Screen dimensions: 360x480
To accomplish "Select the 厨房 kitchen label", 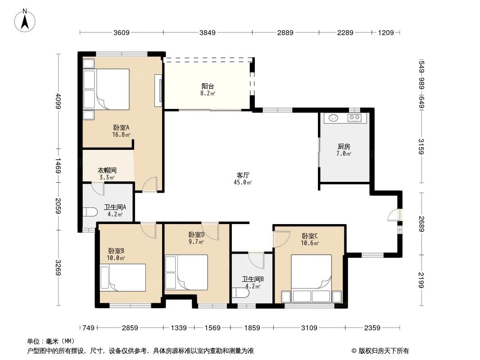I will pyautogui.click(x=344, y=149).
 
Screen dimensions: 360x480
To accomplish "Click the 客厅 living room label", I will pyautogui.click(x=243, y=178).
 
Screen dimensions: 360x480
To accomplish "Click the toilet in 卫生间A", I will pyautogui.click(x=90, y=212).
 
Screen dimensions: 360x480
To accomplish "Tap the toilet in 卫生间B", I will pyautogui.click(x=240, y=294).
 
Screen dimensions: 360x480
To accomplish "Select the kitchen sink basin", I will pyautogui.click(x=333, y=118).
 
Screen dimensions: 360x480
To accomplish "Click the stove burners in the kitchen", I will pyautogui.click(x=354, y=118).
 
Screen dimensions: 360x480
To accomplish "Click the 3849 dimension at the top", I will pyautogui.click(x=208, y=32).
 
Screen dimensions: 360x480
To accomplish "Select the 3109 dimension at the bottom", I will pyautogui.click(x=309, y=328).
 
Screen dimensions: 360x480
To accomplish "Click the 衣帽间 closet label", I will pyautogui.click(x=107, y=173).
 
